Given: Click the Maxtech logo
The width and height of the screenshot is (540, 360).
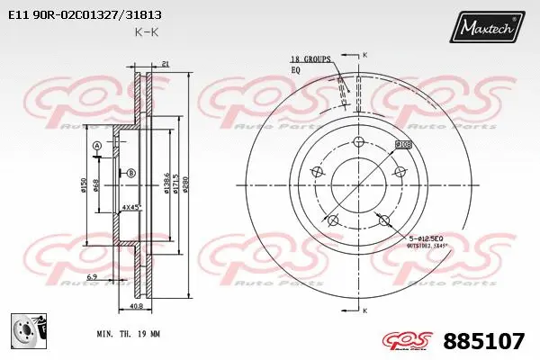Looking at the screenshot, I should (x=489, y=29).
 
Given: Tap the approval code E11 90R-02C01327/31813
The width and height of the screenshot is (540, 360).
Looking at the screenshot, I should (x=85, y=14).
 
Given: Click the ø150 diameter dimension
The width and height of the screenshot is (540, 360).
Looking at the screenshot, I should (x=84, y=184).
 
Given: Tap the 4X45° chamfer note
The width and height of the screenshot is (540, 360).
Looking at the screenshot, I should (x=131, y=208).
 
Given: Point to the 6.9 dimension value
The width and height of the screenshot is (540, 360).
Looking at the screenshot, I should (x=92, y=277).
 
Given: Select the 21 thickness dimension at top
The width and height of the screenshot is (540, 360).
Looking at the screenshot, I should (x=166, y=62).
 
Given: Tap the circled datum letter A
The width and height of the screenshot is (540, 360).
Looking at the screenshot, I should (x=96, y=146).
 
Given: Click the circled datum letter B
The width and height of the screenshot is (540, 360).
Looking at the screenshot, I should (x=130, y=172).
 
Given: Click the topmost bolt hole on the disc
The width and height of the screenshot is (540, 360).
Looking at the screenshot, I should (x=357, y=142).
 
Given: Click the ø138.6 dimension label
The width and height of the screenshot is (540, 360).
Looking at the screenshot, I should (x=166, y=184).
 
